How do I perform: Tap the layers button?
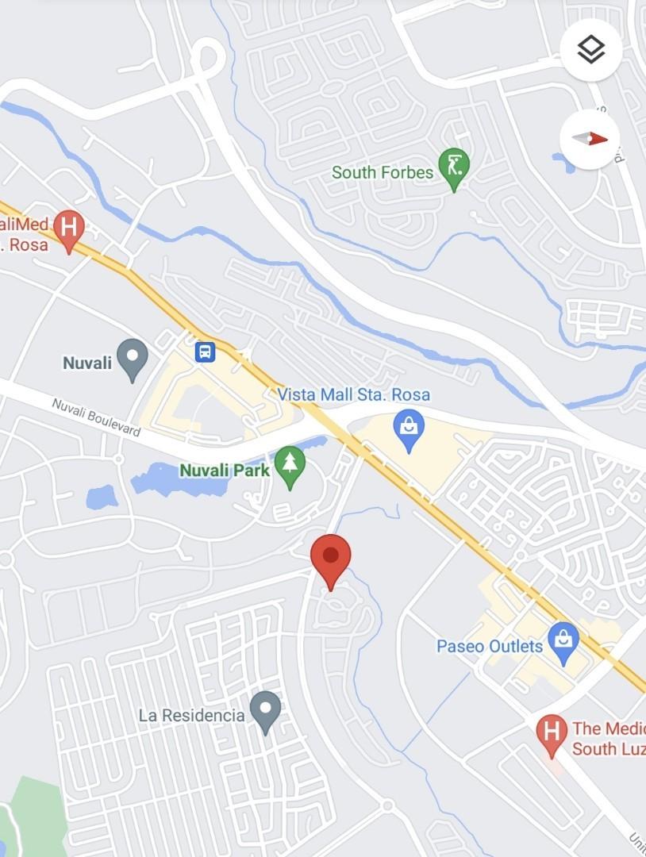590,50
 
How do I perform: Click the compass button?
590,139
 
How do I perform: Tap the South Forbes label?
382,172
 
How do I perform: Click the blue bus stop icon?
206,351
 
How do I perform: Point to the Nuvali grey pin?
133,358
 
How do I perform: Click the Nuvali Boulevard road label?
96,417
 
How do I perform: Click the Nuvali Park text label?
225,471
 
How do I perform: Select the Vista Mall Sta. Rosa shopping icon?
409,429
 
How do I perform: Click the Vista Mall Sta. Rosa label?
354,394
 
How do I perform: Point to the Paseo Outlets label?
490,646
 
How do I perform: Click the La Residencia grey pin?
265,710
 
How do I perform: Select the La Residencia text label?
191,715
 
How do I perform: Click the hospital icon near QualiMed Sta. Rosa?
69,229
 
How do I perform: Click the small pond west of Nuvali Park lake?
102,498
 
